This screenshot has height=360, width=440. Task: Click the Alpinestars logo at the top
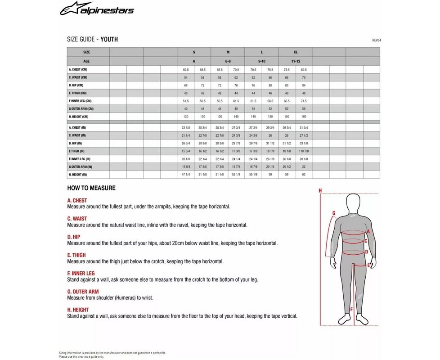tap(97, 9)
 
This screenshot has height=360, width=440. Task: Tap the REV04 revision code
tap(376, 40)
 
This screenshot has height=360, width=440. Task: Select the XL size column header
tap(295, 52)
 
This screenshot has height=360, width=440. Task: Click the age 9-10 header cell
tap(261, 61)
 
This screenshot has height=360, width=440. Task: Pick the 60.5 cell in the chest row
tap(185, 70)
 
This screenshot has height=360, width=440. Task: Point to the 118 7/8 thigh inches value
tap(304, 151)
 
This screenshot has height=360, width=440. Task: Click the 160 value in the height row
tap(304, 117)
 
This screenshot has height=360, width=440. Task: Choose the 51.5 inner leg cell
tap(185, 101)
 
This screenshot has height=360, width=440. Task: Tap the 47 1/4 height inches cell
tap(185, 174)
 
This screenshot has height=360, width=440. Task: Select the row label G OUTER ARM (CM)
tap(81, 108)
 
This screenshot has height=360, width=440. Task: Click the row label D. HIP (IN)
tap(77, 143)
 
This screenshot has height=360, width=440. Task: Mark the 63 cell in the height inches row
tap(304, 174)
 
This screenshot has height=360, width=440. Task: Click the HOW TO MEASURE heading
tap(91, 188)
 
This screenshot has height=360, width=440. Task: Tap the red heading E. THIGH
tap(76, 255)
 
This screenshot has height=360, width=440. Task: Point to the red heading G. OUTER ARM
tap(83, 292)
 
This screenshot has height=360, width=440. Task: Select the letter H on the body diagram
tap(320, 190)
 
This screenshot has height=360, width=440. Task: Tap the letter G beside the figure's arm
tap(333, 213)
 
